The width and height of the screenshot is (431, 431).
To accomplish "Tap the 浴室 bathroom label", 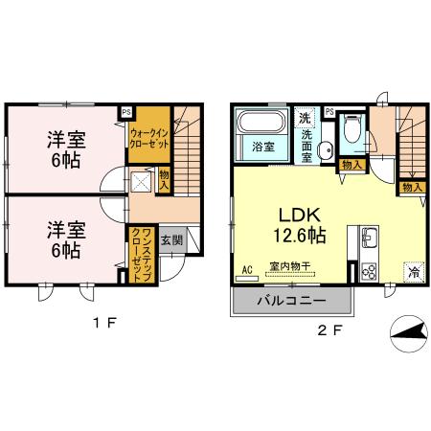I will click(x=261, y=148).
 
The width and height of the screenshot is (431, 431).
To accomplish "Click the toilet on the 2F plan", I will click(x=352, y=131).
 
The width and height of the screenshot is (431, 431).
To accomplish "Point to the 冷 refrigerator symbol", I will click(x=413, y=271).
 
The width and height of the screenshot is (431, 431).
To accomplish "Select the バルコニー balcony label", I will click(x=292, y=302).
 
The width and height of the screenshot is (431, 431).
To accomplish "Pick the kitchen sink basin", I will click(x=369, y=237).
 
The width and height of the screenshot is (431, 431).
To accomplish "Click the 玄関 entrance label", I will click(x=169, y=240).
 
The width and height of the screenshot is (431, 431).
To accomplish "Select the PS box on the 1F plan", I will click(x=126, y=111).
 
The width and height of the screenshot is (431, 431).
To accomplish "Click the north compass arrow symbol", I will click(x=407, y=335).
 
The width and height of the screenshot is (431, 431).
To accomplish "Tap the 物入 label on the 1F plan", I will click(x=165, y=179).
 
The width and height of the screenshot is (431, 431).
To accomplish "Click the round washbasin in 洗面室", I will click(x=324, y=147).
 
